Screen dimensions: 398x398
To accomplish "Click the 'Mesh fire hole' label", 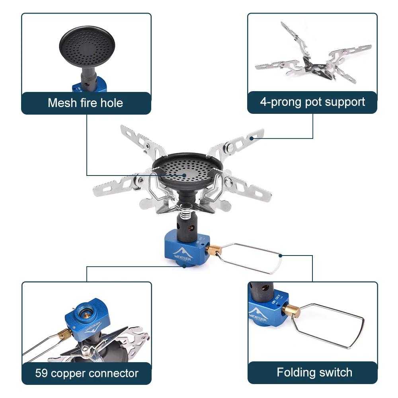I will [x=86, y=103].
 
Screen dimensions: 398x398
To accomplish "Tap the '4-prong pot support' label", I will [x=312, y=102].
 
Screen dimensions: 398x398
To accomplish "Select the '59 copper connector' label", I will [x=86, y=373].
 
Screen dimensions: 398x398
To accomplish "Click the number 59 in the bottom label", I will [x=41, y=373].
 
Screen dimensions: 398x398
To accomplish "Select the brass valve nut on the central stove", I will [x=214, y=250].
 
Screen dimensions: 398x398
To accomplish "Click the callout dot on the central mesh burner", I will [x=184, y=174].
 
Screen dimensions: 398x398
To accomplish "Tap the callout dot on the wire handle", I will [x=281, y=256].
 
